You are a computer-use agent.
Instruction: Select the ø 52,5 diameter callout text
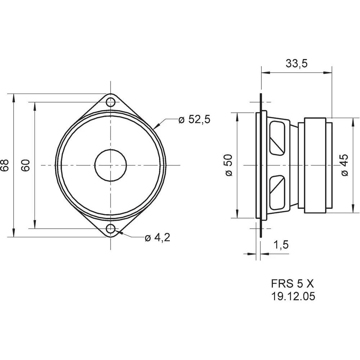[x=194, y=120]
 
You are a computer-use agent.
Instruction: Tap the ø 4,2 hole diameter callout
[x=157, y=238]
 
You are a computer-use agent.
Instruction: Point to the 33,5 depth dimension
[x=296, y=63]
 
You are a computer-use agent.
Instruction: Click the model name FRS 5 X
[x=293, y=283]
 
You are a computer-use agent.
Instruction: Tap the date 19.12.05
[x=293, y=296]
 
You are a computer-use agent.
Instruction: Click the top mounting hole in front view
[x=111, y=102]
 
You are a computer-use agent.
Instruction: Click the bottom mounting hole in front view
[x=111, y=229]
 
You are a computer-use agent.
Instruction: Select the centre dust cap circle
[x=111, y=165]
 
